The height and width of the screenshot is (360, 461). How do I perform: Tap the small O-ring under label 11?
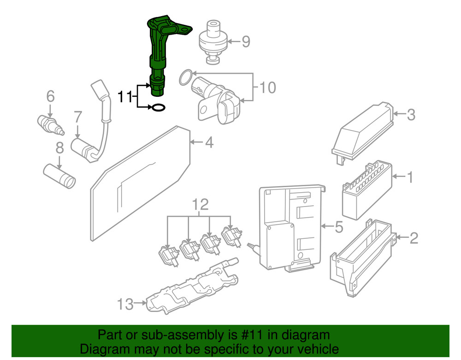pos(158,108)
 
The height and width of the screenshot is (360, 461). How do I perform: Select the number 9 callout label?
pos(246,42)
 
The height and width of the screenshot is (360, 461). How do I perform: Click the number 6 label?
pos(50,96)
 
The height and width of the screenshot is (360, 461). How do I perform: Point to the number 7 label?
pos(77,117)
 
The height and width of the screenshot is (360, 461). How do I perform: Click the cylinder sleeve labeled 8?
pos(60,176)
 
